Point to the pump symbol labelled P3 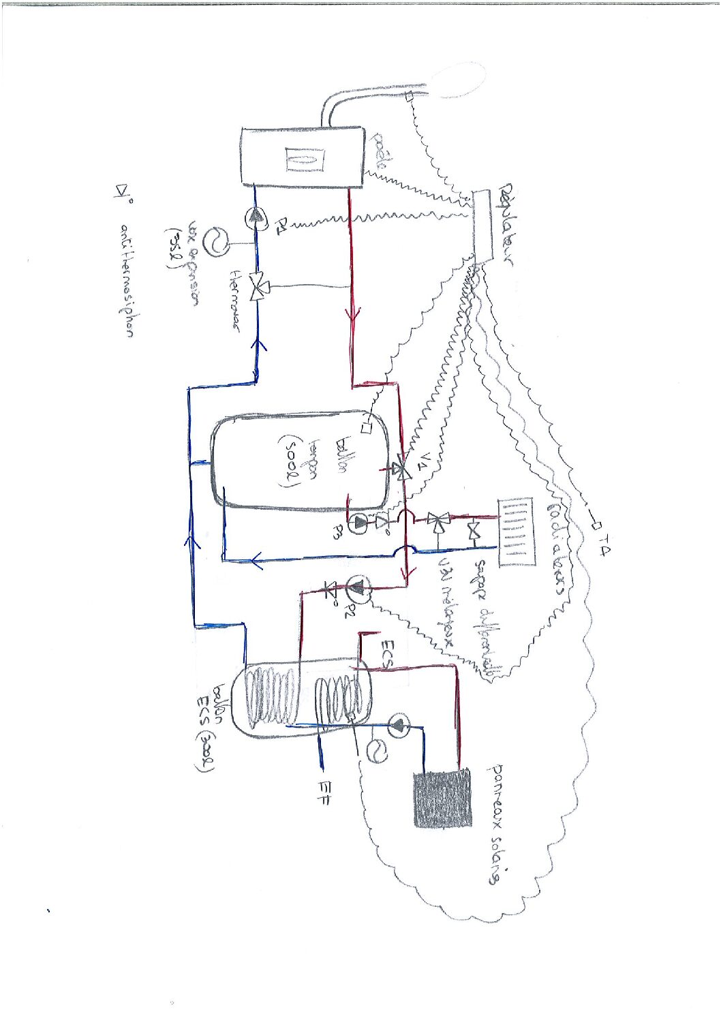click(x=359, y=523)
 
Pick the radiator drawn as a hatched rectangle click(x=516, y=532)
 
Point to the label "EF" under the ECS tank click(x=324, y=798)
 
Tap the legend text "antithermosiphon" click(x=127, y=279)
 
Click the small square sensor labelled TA click(x=593, y=526)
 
